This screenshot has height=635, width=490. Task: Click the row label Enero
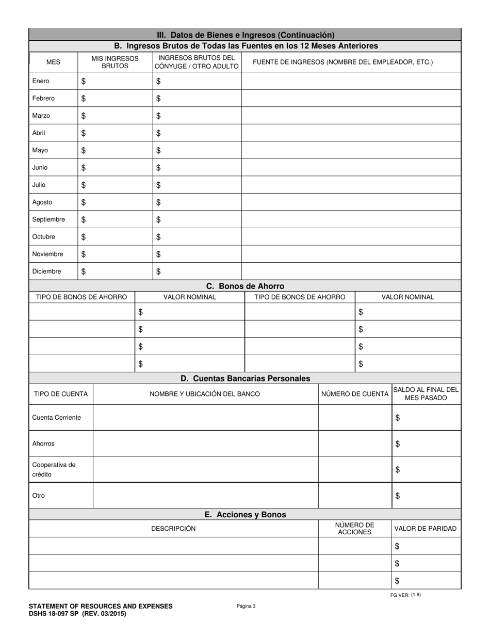[x=41, y=81]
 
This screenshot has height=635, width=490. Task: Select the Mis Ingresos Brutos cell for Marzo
[x=115, y=116]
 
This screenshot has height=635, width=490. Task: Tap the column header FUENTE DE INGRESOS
[x=342, y=62]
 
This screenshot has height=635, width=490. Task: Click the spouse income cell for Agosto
[x=197, y=202]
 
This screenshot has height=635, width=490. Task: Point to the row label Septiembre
[x=48, y=219]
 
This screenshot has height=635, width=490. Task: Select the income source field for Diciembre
[x=351, y=272]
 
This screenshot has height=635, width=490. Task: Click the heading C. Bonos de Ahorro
[x=245, y=286]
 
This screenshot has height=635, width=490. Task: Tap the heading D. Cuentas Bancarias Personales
[x=245, y=378]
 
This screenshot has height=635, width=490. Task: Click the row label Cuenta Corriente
[x=56, y=418]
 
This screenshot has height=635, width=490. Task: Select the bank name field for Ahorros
[x=205, y=444]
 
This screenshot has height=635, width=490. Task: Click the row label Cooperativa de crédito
[x=54, y=470]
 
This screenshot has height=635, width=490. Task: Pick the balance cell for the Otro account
[x=426, y=496]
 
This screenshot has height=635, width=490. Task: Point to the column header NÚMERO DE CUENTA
[x=355, y=394]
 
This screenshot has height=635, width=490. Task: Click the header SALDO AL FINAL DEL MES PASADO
[x=426, y=394]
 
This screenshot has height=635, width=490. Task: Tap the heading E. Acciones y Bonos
[x=245, y=515]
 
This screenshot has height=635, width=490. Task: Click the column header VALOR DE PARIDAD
[x=426, y=529]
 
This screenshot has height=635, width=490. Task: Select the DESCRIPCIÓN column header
[x=173, y=529]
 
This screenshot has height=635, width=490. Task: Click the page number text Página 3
[x=246, y=606]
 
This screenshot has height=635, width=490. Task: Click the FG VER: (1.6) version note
[x=405, y=595]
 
